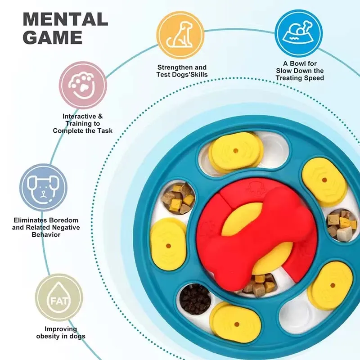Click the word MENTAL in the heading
pyautogui.click(x=65, y=19)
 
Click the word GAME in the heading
pyautogui.click(x=53, y=37)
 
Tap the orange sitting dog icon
pyautogui.click(x=180, y=35)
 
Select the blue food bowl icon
pyautogui.click(x=299, y=33)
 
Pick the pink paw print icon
pyautogui.click(x=83, y=85)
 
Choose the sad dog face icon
pyautogui.click(x=43, y=187)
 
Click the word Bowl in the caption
pyautogui.click(x=298, y=63)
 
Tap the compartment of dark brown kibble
pyautogui.click(x=195, y=299)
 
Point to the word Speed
pyautogui.click(x=313, y=78)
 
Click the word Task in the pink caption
pyautogui.click(x=105, y=131)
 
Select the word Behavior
pyautogui.click(x=46, y=234)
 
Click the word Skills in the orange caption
pyautogui.click(x=198, y=75)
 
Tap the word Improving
pyautogui.click(x=61, y=329)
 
